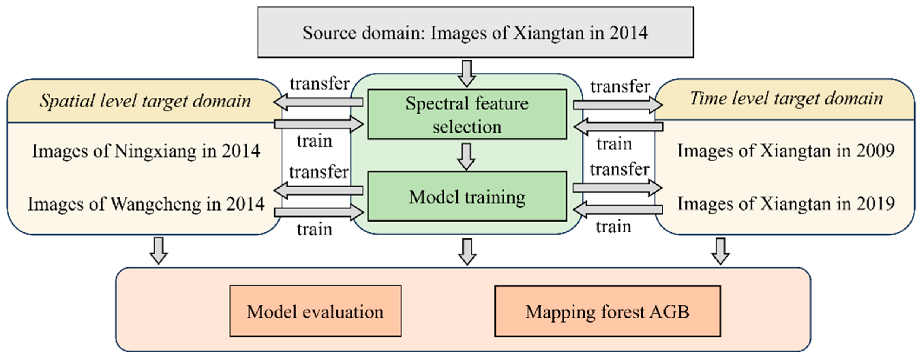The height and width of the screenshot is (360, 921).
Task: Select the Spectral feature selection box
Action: pyautogui.click(x=467, y=114)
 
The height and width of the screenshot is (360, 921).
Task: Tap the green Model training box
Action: pyautogui.click(x=467, y=197)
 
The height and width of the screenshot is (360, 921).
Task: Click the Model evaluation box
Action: pyautogui.click(x=315, y=311)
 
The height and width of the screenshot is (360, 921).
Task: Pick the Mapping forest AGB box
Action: pyautogui.click(x=607, y=311)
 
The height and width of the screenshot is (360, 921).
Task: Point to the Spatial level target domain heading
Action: pyautogui.click(x=145, y=101)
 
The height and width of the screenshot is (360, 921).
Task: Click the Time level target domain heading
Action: pyautogui.click(x=786, y=98)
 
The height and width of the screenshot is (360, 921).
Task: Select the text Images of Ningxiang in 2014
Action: pyautogui.click(x=146, y=151)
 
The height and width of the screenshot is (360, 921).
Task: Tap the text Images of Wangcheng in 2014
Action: pyautogui.click(x=146, y=204)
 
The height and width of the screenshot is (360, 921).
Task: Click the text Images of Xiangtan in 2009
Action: pyautogui.click(x=786, y=150)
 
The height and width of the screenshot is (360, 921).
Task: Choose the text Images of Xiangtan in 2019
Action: pyautogui.click(x=786, y=203)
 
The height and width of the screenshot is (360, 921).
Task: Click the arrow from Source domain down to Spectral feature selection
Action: pyautogui.click(x=466, y=73)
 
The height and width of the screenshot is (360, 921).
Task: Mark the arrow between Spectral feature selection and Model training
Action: pyautogui.click(x=466, y=156)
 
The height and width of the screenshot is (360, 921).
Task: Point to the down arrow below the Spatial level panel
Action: pyautogui.click(x=158, y=251)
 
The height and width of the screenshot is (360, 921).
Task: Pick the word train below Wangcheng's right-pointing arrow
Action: pyautogui.click(x=314, y=229)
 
